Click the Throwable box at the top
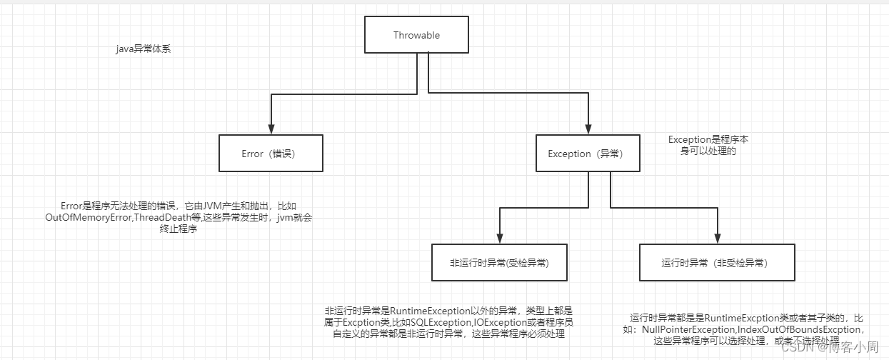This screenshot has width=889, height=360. [x=416, y=35]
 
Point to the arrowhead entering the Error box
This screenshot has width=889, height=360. [x=271, y=128]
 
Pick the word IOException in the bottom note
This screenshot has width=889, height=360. [x=500, y=323]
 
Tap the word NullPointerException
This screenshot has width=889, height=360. [x=693, y=329]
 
